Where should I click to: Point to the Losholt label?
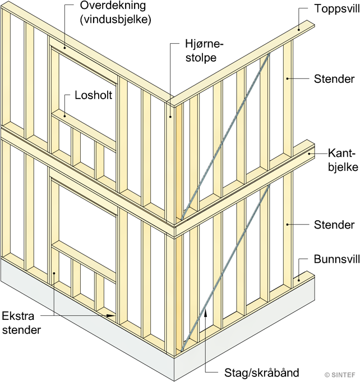(x=94, y=96)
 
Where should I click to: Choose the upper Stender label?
(x=334, y=79)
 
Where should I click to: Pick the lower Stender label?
(x=334, y=225)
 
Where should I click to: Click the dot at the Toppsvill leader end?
(x=299, y=26)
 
